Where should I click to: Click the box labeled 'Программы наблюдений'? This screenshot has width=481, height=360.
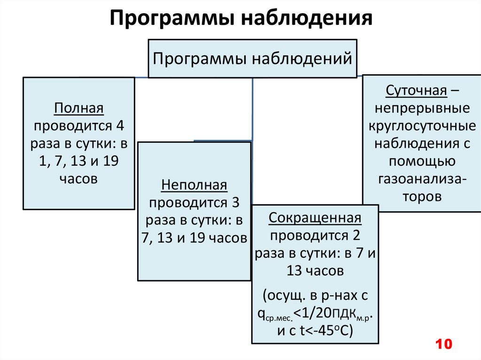[252, 59]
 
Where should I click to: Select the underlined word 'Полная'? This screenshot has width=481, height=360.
[78, 108]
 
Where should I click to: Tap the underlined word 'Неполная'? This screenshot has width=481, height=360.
[194, 185]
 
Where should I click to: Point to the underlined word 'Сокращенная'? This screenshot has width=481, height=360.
[315, 218]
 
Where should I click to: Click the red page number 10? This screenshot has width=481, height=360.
[443, 344]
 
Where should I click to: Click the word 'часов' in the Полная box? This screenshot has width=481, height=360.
[78, 179]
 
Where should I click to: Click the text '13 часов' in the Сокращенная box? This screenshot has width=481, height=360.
[315, 271]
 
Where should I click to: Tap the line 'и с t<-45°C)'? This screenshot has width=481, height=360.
[315, 330]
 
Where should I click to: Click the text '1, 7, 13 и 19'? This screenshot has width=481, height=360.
[78, 161]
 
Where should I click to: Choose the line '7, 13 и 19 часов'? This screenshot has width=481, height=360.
[194, 238]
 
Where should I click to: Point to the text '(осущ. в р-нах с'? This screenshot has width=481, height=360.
[315, 296]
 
